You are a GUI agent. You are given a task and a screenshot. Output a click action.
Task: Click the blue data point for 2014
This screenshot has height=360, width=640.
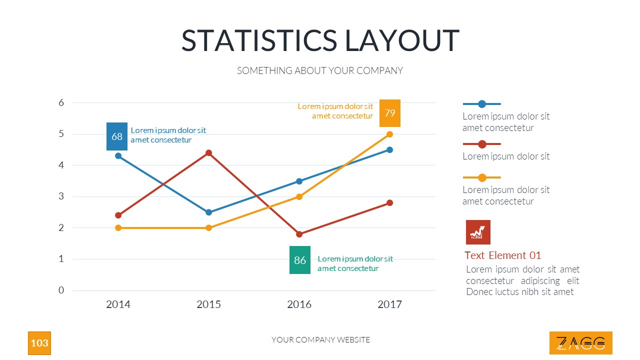click(118, 156)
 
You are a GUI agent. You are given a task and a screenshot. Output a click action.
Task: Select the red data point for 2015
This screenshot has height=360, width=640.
click(209, 153)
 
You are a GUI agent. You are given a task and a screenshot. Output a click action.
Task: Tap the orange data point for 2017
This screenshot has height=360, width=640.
click(390, 134)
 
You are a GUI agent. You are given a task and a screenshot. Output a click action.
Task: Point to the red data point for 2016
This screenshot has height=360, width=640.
click(299, 234)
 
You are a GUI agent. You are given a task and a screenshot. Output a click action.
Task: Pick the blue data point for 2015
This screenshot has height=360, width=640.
click(209, 212)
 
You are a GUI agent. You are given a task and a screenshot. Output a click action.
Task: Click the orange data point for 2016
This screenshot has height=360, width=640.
click(299, 196)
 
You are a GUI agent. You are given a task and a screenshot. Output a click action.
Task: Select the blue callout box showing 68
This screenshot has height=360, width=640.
click(117, 136)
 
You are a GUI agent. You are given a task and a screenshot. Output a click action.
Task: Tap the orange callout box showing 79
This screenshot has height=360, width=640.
click(390, 113)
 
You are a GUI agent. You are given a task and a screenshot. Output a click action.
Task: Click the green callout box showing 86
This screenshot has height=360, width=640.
click(300, 260)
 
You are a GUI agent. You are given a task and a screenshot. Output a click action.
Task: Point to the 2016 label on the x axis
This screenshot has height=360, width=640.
click(299, 304)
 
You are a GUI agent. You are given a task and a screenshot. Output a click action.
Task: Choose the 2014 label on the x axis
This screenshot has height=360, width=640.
click(118, 304)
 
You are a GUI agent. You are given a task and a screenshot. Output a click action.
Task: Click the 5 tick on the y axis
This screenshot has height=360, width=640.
click(61, 134)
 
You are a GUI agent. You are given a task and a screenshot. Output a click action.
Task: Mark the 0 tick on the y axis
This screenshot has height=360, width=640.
click(61, 290)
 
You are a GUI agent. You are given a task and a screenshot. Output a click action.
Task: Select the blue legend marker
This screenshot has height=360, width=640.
click(482, 104)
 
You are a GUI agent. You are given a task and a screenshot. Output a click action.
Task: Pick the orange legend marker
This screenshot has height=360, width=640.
click(482, 177)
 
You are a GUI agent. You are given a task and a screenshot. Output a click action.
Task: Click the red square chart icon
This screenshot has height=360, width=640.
click(478, 232)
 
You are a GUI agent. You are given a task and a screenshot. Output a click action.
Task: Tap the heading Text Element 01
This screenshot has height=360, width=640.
click(502, 255)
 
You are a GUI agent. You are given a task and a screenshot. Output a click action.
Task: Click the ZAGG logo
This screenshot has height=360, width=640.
click(581, 343)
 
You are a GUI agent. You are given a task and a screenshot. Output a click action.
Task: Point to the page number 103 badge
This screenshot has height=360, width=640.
click(39, 343)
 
